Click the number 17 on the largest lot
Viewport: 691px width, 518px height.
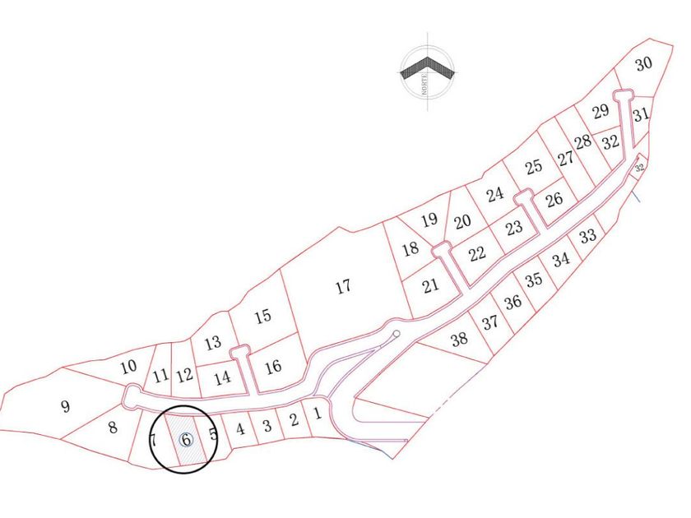(x=344, y=287)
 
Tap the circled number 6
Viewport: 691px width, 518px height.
(x=186, y=439)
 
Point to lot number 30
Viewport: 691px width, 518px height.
(x=643, y=64)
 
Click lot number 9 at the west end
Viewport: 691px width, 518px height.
(x=66, y=405)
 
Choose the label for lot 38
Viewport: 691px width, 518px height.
(x=459, y=338)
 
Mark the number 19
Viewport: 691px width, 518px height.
(x=429, y=220)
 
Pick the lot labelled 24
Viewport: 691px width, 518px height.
(x=494, y=195)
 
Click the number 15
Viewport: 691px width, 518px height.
(x=262, y=316)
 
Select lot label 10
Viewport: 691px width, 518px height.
(x=128, y=367)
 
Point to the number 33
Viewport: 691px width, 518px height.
(x=587, y=237)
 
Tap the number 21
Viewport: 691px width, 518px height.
(x=430, y=286)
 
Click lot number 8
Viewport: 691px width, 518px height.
(x=114, y=428)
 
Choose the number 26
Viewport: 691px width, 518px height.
(x=554, y=198)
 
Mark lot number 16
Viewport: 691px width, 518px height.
(x=274, y=366)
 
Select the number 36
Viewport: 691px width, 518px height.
(x=513, y=302)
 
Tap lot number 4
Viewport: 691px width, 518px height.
(x=240, y=428)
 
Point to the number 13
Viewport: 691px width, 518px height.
(x=213, y=343)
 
